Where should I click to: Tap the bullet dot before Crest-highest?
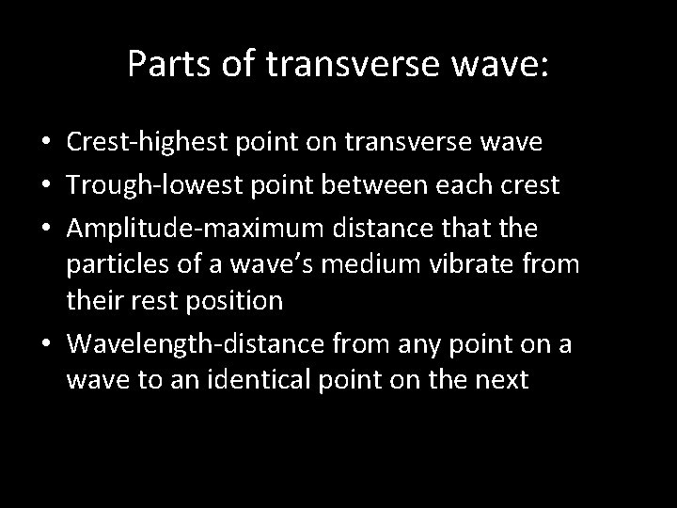(x=48, y=142)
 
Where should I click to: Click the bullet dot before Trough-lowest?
(x=48, y=185)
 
